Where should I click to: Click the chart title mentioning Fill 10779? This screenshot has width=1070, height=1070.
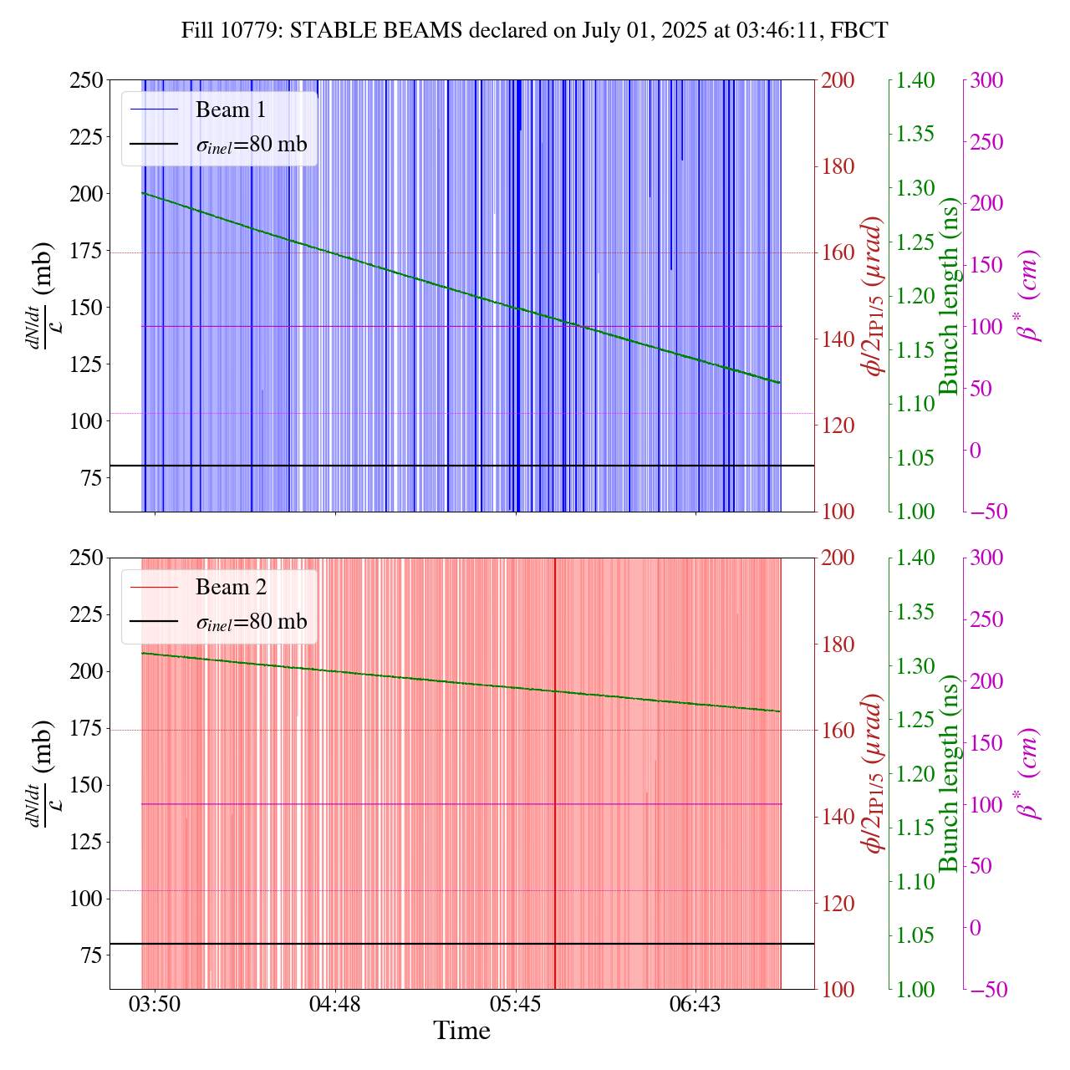[x=534, y=31]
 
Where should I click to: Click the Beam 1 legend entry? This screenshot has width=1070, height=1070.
[x=230, y=110]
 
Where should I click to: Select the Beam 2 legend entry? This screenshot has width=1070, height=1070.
[x=230, y=587]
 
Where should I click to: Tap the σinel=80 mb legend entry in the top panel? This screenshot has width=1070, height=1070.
[x=251, y=144]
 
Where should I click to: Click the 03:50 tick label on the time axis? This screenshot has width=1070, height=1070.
[x=155, y=1003]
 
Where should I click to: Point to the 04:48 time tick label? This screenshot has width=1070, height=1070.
[x=334, y=1003]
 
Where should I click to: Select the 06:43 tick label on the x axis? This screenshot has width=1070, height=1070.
[x=695, y=1003]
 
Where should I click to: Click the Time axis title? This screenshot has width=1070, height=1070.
[x=461, y=1031]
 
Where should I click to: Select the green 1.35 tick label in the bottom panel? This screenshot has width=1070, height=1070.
[x=917, y=612]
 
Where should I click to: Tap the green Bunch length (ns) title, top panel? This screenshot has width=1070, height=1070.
[x=949, y=296]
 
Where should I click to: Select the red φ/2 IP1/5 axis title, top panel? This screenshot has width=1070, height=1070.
[x=874, y=296]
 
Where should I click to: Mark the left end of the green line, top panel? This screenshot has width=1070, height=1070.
[x=143, y=193]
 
